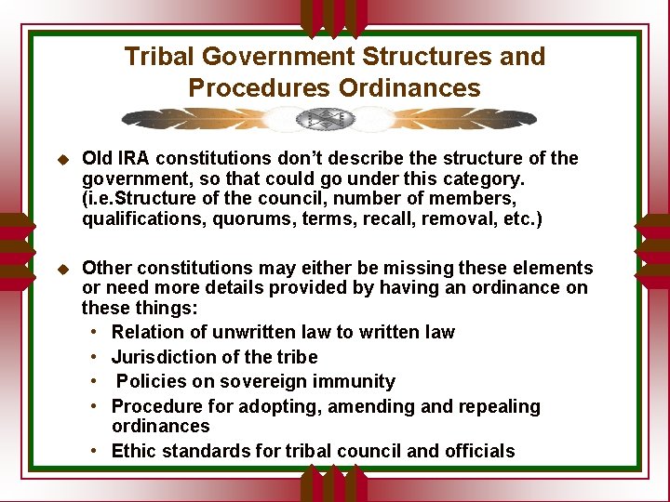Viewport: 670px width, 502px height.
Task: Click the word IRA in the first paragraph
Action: click(133, 158)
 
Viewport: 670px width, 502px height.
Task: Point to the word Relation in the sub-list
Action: click(145, 332)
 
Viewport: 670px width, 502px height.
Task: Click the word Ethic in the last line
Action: click(134, 451)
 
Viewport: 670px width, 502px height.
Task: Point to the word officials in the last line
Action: click(478, 451)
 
